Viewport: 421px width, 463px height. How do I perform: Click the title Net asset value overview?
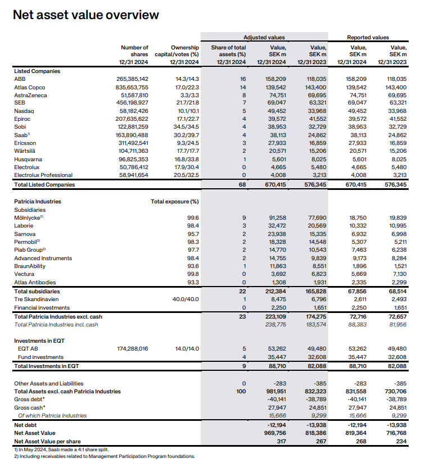click(x=85, y=15)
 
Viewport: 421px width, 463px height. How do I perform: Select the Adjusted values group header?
click(x=260, y=37)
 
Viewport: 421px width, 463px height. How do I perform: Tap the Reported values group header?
click(x=368, y=37)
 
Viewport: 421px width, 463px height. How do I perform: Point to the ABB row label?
click(x=20, y=79)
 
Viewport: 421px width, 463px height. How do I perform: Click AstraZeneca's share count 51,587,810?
click(x=133, y=96)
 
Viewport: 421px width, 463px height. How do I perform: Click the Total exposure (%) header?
click(x=175, y=201)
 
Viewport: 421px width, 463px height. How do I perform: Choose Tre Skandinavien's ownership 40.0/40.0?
click(x=186, y=299)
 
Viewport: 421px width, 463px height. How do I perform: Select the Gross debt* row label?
click(x=29, y=399)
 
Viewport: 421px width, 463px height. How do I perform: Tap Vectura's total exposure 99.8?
click(x=192, y=274)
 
